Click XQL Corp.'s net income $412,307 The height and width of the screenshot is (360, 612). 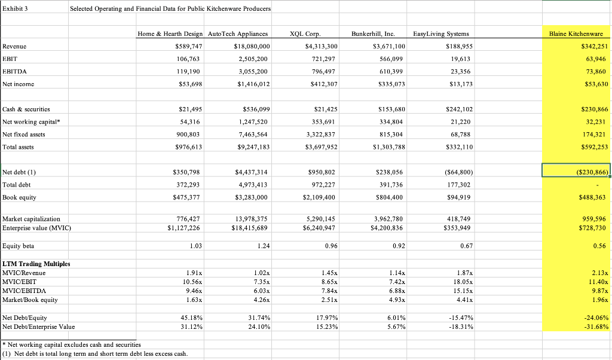click(321, 84)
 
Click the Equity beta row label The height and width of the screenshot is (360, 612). click(19, 245)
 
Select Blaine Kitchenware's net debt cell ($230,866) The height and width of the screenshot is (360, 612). click(576, 172)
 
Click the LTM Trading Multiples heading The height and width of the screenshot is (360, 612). click(36, 264)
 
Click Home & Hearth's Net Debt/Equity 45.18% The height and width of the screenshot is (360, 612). click(186, 318)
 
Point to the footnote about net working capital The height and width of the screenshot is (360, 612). click(72, 344)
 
